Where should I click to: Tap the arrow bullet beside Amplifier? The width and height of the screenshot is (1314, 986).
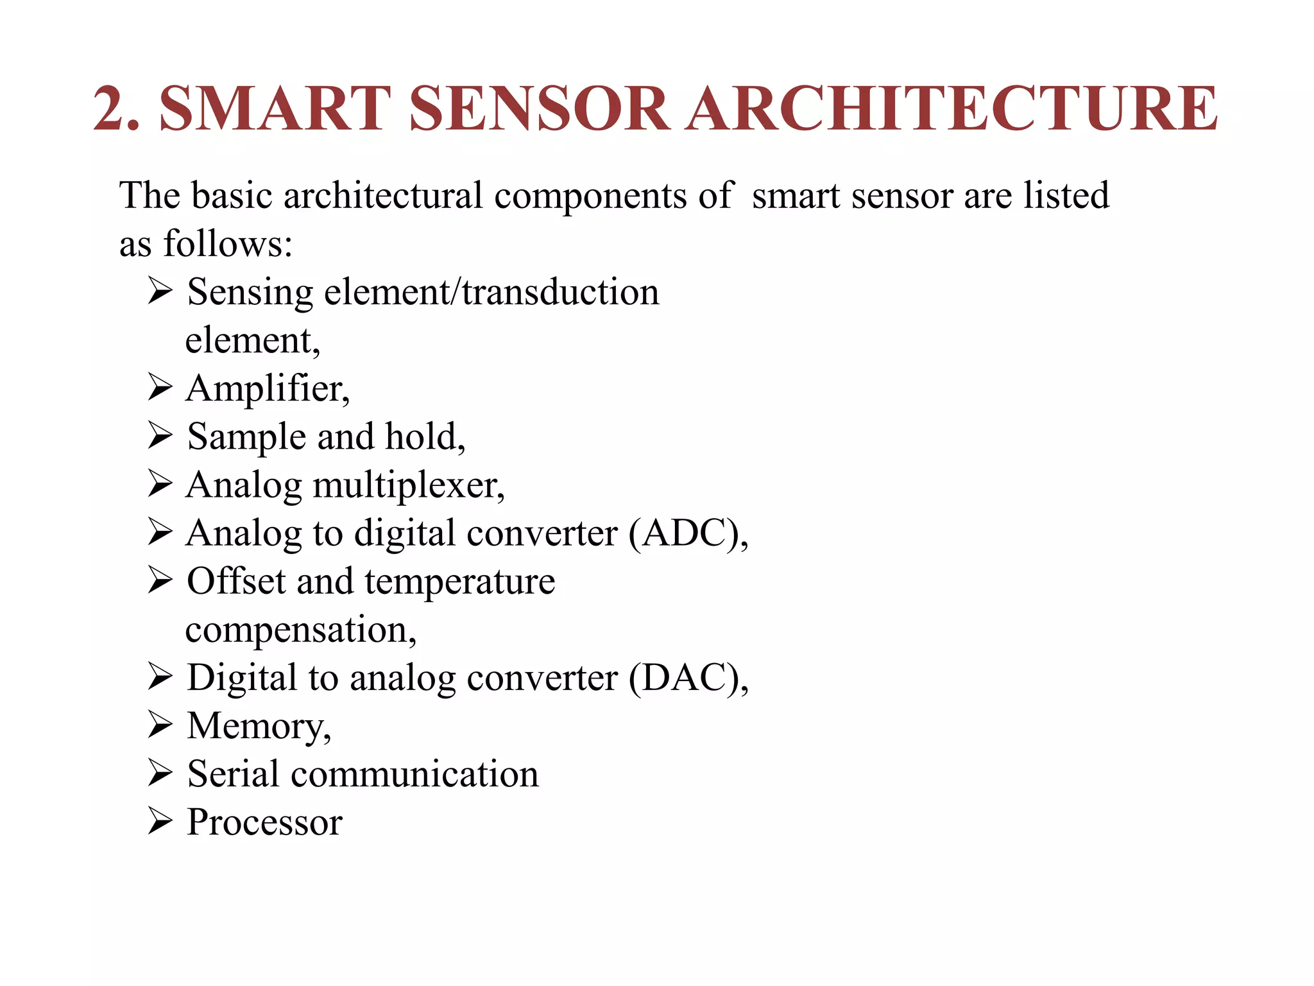click(160, 387)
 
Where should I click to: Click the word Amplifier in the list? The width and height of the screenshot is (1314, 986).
click(267, 389)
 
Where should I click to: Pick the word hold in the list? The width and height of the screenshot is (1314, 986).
click(423, 437)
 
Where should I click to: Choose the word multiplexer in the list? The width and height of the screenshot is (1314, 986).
click(408, 485)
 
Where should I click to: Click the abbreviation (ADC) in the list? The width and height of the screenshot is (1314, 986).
click(686, 533)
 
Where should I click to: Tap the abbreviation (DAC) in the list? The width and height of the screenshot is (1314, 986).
click(686, 678)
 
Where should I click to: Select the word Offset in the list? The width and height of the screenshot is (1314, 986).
click(236, 581)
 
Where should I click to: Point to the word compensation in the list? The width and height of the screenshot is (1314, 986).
click(299, 630)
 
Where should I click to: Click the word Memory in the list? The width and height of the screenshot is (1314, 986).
click(257, 727)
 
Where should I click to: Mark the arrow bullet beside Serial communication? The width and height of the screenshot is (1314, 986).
click(160, 772)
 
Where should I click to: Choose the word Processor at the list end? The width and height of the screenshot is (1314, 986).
click(264, 822)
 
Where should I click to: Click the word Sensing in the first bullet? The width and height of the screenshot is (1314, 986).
click(250, 293)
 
